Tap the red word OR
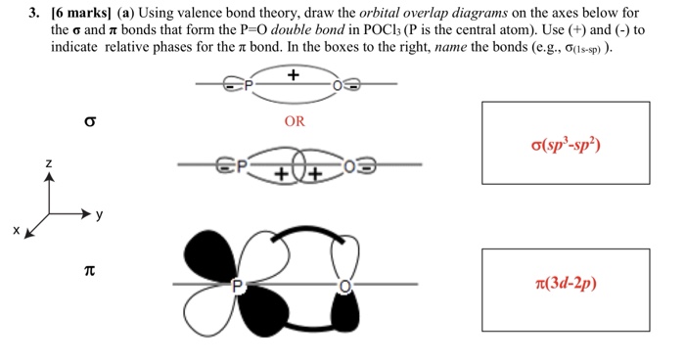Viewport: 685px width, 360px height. [293, 123]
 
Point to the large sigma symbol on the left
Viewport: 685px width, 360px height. [90, 124]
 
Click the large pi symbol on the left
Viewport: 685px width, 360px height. [90, 266]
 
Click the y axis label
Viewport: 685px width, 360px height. [99, 213]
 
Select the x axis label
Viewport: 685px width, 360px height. [17, 232]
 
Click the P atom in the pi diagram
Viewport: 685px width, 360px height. [236, 286]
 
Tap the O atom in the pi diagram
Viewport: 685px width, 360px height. [343, 286]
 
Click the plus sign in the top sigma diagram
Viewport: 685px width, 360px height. [293, 75]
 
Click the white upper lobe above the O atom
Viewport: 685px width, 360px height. [342, 257]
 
